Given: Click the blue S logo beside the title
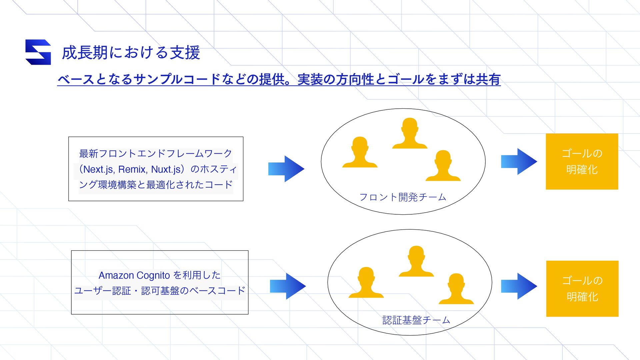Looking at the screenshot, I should click(38, 52).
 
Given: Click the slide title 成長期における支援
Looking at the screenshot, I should click(131, 53).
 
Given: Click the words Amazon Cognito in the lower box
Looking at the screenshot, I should click(134, 275).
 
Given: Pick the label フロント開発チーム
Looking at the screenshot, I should click(403, 197).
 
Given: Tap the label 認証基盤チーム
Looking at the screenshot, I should click(416, 320).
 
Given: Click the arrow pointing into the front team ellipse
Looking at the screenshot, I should click(286, 169).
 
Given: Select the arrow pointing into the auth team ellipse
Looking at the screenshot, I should click(288, 286).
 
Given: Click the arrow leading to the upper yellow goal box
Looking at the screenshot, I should click(519, 162).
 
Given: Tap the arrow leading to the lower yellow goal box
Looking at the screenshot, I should click(519, 286).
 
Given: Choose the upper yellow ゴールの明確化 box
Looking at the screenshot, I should click(582, 162).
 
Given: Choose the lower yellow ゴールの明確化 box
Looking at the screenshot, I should click(582, 289).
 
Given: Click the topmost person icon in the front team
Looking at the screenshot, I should click(410, 133).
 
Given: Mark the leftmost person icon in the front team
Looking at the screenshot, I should click(360, 152).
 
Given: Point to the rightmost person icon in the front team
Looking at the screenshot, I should click(443, 166).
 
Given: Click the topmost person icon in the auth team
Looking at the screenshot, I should click(416, 261).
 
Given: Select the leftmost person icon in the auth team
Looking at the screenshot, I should click(366, 283).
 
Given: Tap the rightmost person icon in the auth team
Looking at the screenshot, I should click(456, 289).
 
